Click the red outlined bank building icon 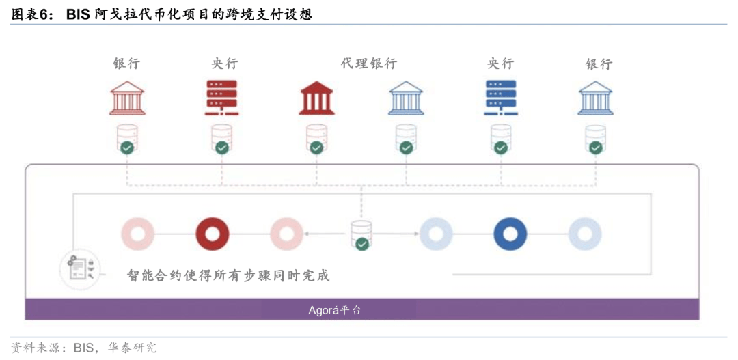pos(127,98)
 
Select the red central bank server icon pos(221,98)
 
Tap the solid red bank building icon pos(316,98)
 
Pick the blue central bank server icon pos(500,98)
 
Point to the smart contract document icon pos(78,268)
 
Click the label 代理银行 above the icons pos(369,64)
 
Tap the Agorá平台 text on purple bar pos(335,311)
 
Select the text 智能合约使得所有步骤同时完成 pos(228,275)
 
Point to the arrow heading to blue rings pos(396,234)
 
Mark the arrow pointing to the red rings pos(327,234)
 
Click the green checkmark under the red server pos(221,148)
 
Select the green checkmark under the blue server pos(500,148)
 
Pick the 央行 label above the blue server pos(500,64)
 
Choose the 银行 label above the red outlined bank pos(126,64)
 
